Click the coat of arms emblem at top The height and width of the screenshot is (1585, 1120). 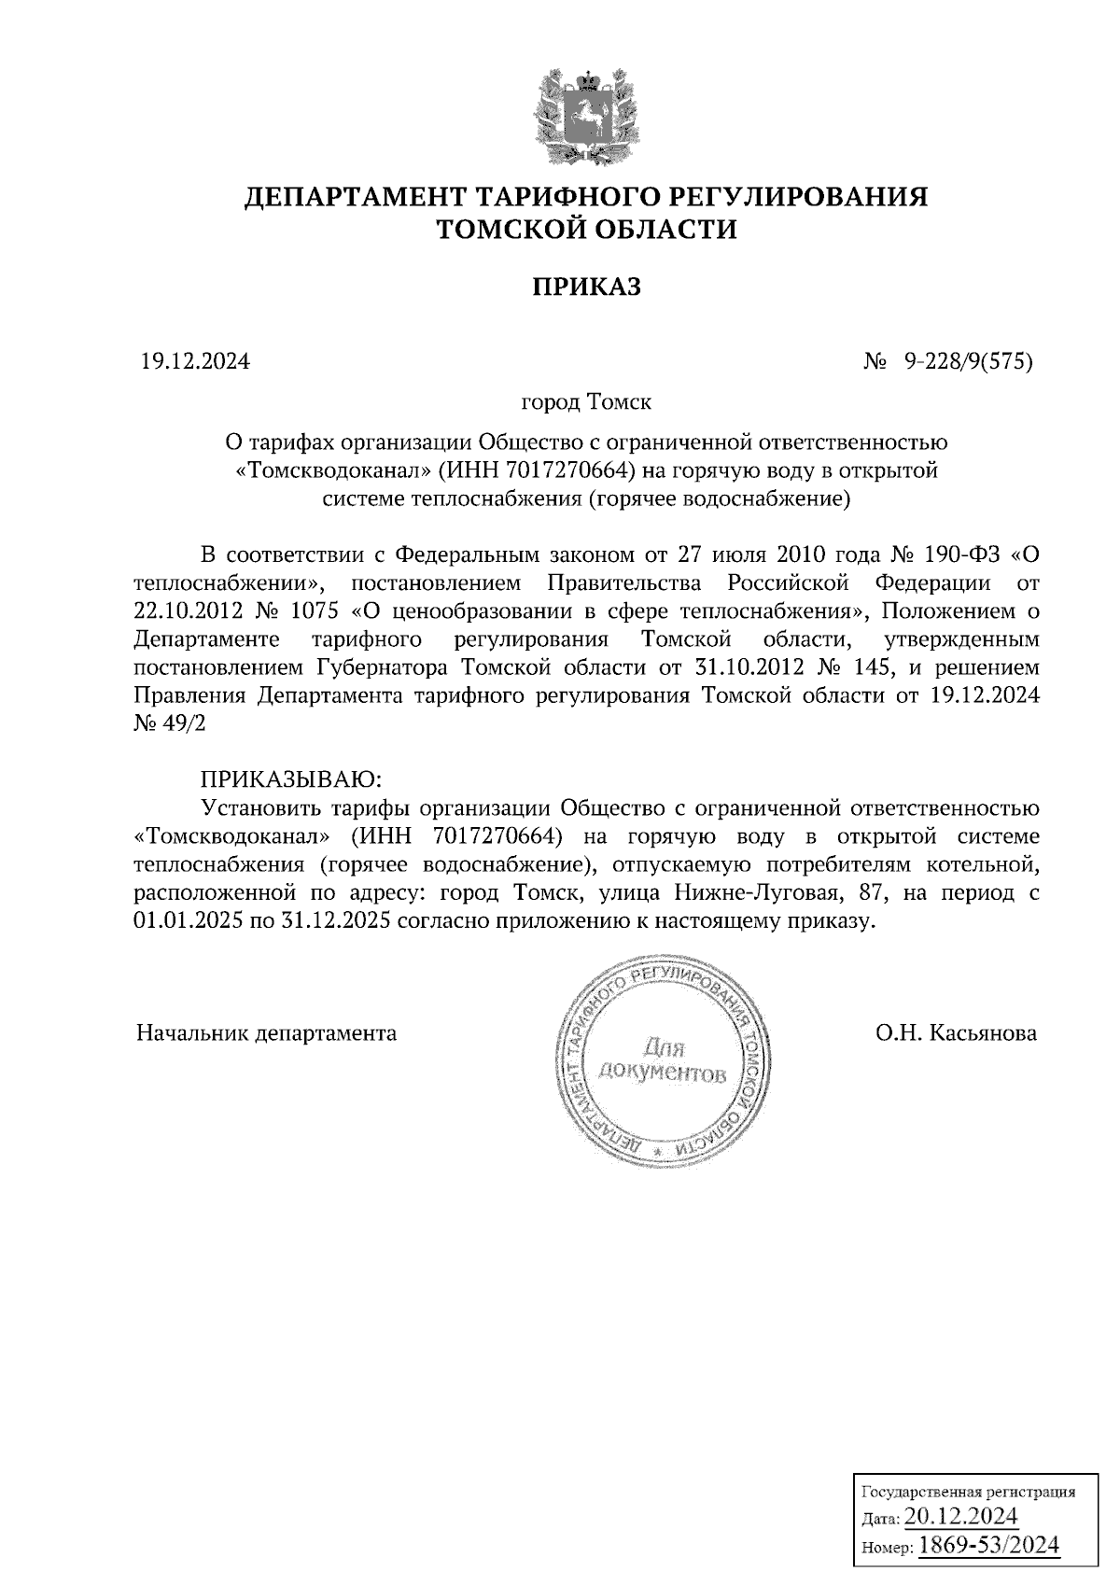pos(586,113)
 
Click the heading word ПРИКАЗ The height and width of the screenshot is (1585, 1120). pos(586,287)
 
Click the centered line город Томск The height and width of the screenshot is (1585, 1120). pos(586,402)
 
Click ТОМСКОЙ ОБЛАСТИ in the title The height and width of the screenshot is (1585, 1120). pos(587,229)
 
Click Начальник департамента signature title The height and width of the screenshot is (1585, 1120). pos(266,1033)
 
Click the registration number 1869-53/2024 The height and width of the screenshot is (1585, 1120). pos(989,1544)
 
